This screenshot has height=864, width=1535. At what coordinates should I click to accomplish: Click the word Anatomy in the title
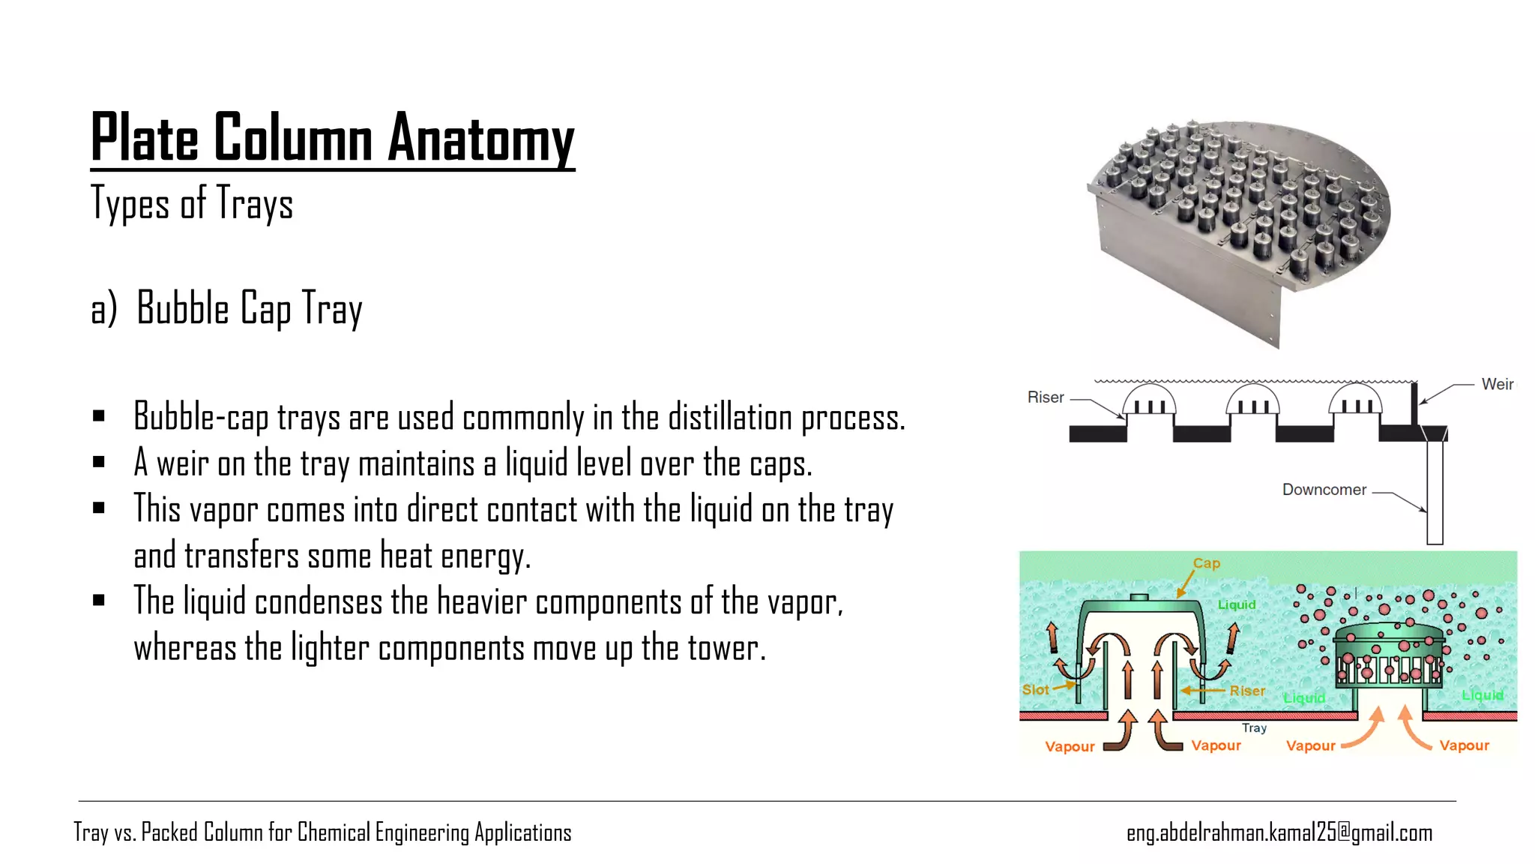[481, 139]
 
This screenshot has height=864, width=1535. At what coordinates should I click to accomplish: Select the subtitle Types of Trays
[192, 204]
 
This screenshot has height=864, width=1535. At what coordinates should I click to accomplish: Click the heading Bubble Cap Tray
[249, 308]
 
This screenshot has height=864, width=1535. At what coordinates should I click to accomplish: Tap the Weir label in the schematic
[1497, 384]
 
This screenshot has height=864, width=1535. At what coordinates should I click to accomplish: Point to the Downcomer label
[1324, 490]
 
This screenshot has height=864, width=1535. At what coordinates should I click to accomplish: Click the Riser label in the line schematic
[1046, 397]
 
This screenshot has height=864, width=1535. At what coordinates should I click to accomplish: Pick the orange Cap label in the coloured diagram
[1207, 563]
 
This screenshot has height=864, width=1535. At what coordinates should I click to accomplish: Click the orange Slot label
[1035, 689]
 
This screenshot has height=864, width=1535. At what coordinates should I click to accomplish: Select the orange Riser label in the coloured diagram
[1247, 691]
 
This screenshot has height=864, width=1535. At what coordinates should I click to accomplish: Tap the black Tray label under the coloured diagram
[1254, 727]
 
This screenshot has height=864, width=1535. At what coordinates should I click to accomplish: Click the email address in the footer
[1279, 832]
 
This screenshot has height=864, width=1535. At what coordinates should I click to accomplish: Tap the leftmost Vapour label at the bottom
[1070, 746]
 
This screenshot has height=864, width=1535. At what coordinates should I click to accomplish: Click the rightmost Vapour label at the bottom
[1464, 745]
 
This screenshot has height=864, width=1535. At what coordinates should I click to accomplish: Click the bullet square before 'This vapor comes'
[99, 508]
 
